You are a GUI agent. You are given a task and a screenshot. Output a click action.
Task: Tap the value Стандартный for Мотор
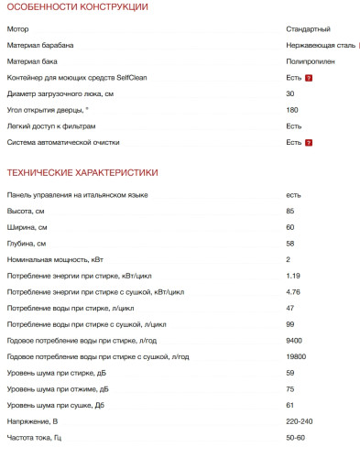coord(309,29)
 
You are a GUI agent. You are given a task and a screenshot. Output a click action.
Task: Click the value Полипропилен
coord(311,61)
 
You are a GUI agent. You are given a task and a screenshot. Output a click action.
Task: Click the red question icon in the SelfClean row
coord(310,78)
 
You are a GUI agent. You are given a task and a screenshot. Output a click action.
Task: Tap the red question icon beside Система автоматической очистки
coord(310,142)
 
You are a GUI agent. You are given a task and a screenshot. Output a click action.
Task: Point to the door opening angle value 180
coord(292,110)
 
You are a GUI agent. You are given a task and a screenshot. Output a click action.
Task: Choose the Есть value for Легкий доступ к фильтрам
coord(294,125)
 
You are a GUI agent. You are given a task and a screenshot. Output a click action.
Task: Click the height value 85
coord(290,211)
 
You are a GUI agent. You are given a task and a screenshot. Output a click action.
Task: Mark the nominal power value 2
coord(288,259)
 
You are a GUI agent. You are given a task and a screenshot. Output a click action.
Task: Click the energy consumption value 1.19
coord(293,275)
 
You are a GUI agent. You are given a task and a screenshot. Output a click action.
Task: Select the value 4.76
coord(293,291)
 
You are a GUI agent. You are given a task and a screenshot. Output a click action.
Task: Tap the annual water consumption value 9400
coord(294,340)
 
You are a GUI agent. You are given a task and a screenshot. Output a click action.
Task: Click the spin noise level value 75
coord(290,388)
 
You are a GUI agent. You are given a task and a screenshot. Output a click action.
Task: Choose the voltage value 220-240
coord(300,420)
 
